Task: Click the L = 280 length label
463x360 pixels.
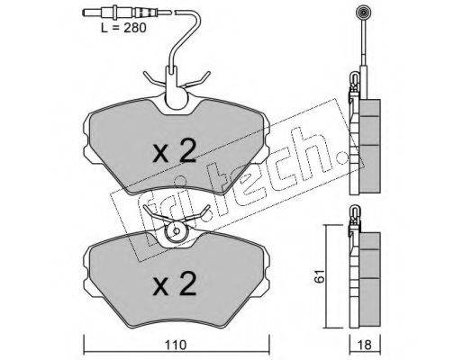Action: tap(123, 28)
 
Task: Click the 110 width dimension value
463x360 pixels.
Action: tap(176, 345)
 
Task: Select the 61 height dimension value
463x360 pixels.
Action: tap(320, 275)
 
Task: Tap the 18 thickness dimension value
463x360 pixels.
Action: tap(365, 345)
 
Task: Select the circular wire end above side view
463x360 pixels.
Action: tap(362, 13)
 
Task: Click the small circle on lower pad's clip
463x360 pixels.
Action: tap(177, 230)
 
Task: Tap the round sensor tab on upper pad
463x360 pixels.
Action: tap(177, 99)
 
